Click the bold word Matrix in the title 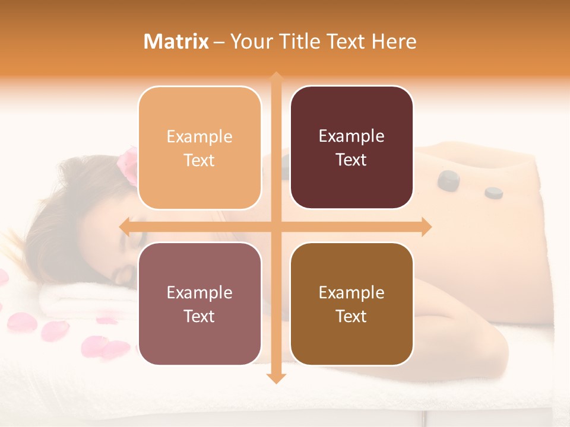176,42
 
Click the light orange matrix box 199,148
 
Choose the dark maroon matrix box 351,148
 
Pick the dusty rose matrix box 199,304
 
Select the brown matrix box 351,304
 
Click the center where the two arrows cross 275,227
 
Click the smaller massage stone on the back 493,192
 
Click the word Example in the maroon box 351,136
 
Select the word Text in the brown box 351,316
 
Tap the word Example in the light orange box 199,136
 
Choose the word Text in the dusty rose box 199,316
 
